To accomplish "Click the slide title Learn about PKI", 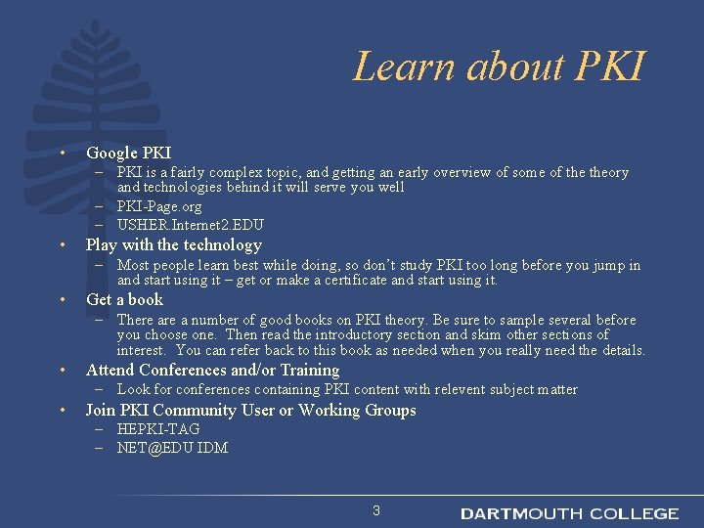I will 499,66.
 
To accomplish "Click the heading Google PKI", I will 128,153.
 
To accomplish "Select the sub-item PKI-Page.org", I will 159,206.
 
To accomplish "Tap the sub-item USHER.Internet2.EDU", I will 190,225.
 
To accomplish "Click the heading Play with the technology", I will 174,245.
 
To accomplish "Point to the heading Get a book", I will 124,299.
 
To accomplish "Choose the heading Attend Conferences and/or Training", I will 212,370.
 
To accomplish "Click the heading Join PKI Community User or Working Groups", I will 250,410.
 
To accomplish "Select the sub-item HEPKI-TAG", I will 158,429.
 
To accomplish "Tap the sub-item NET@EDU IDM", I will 172,448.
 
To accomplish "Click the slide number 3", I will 376,510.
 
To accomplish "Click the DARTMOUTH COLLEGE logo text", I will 569,513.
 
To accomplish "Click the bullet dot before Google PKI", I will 61,154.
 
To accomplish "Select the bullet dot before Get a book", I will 61,300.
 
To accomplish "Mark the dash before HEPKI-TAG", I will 101,429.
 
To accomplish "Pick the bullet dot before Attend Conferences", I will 61,371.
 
